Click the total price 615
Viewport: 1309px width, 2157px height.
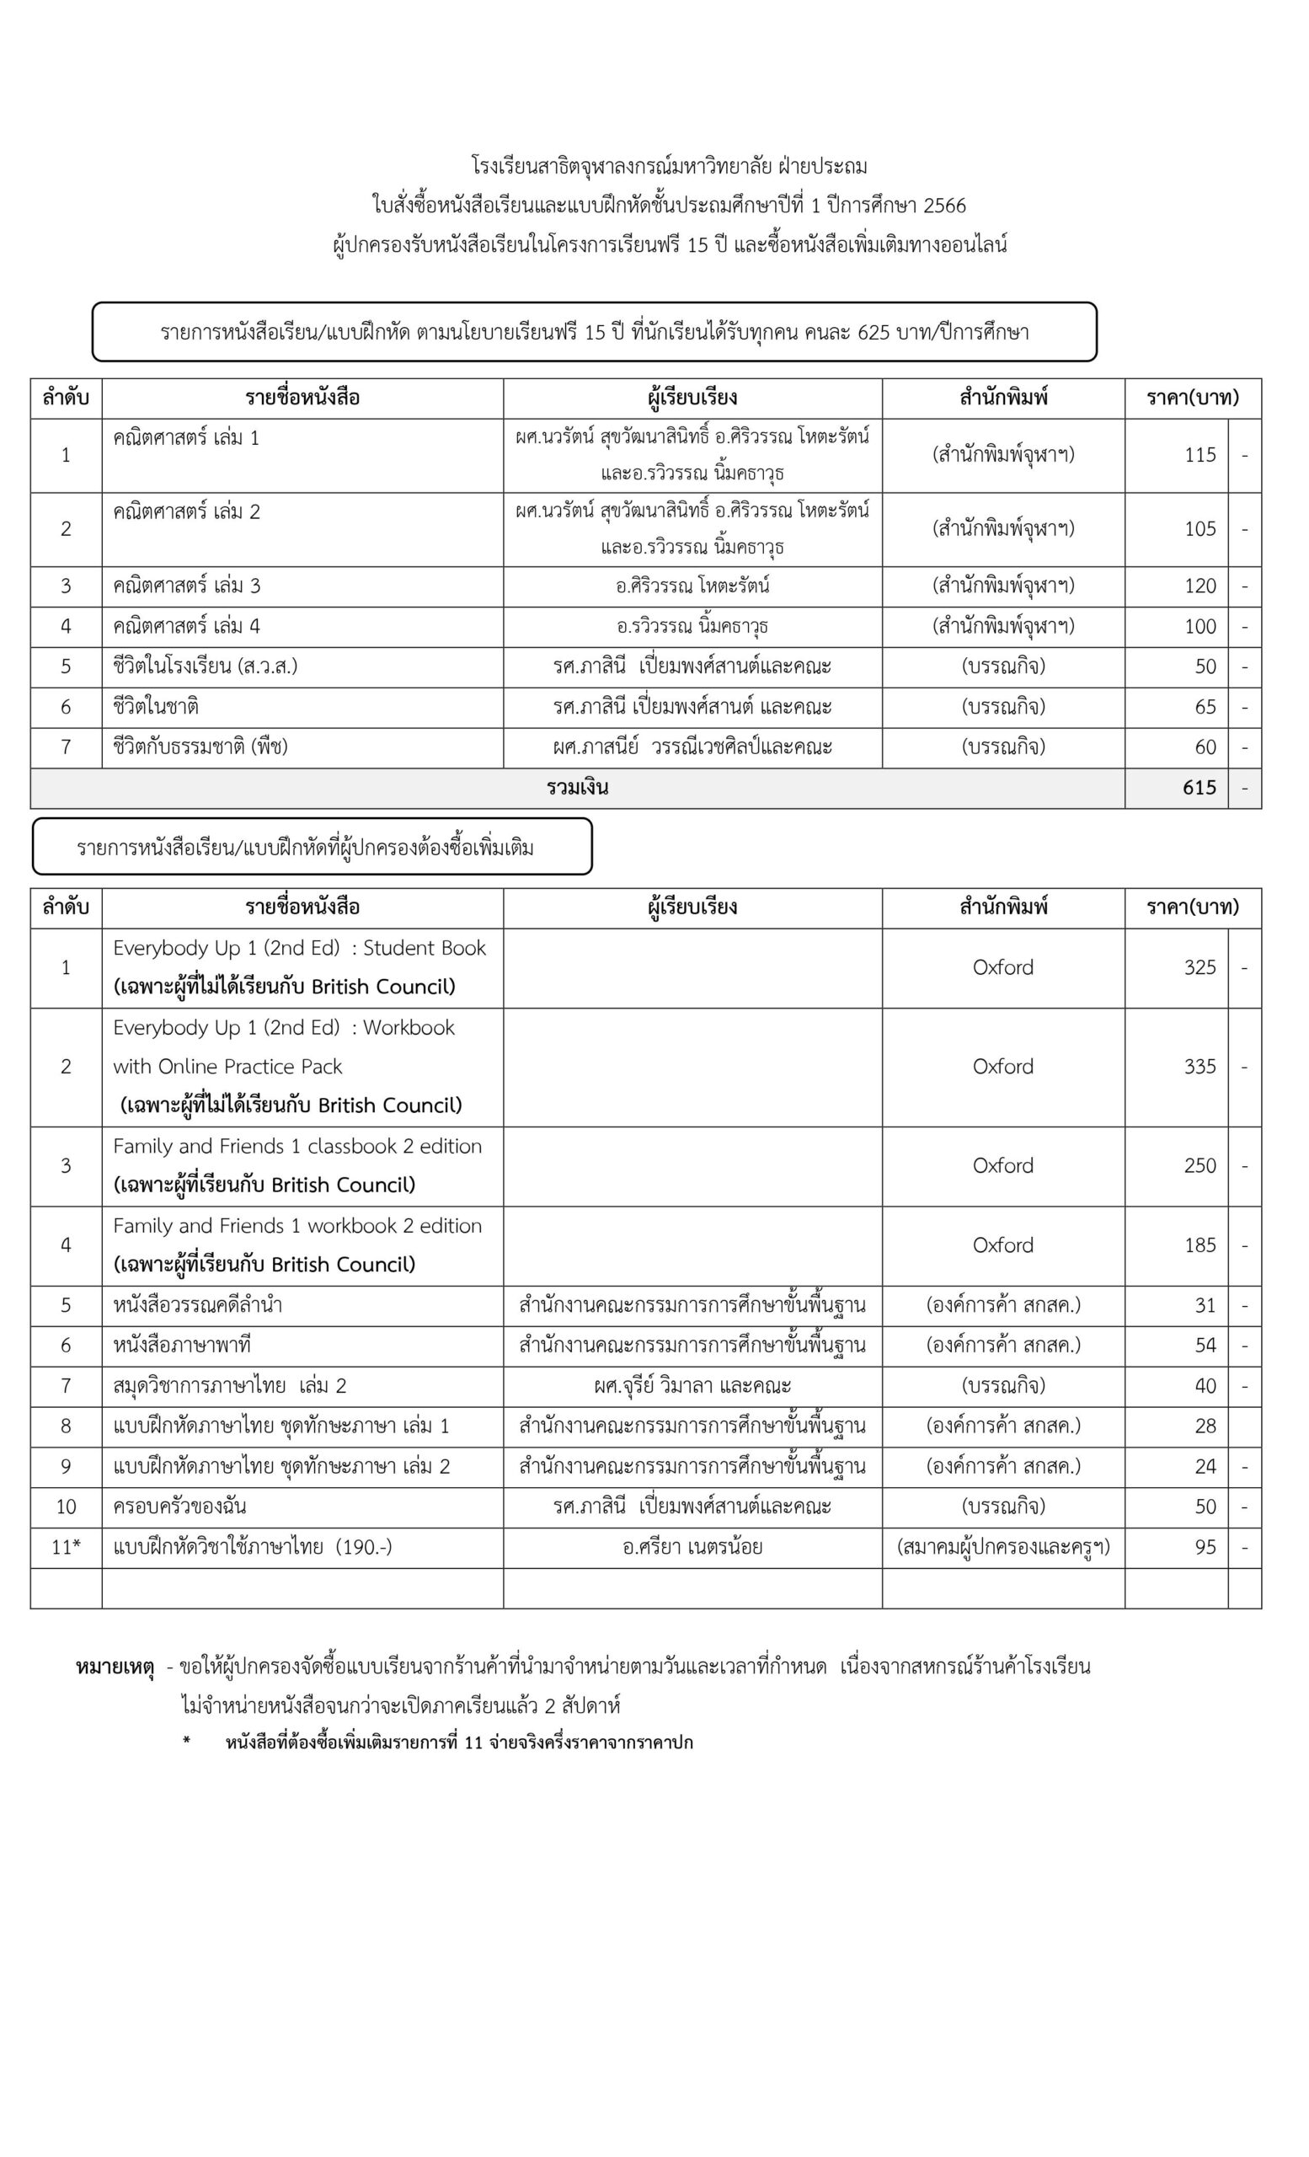1199,788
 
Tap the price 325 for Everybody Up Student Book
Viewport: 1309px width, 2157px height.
1199,967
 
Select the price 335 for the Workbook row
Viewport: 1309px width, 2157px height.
1199,1066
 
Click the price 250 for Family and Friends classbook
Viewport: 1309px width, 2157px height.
1199,1165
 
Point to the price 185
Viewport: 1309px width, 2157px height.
1199,1244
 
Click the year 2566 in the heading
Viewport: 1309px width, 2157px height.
944,206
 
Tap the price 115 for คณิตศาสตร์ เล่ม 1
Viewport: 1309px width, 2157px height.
1199,454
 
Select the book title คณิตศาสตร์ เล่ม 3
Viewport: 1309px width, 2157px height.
186,586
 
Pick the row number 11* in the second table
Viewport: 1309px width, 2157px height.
66,1547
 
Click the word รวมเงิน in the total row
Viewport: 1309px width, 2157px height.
578,788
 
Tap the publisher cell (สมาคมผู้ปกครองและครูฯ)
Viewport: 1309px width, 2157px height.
1002,1547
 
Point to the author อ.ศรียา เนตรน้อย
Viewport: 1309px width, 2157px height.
692,1547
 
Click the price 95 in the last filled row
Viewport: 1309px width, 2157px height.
1205,1547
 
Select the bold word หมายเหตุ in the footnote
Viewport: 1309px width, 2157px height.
115,1667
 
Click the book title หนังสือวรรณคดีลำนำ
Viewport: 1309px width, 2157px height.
197,1305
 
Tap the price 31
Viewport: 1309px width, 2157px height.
1205,1305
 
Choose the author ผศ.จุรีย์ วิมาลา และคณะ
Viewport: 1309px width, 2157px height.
692,1386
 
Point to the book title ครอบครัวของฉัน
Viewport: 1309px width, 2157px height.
179,1507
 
